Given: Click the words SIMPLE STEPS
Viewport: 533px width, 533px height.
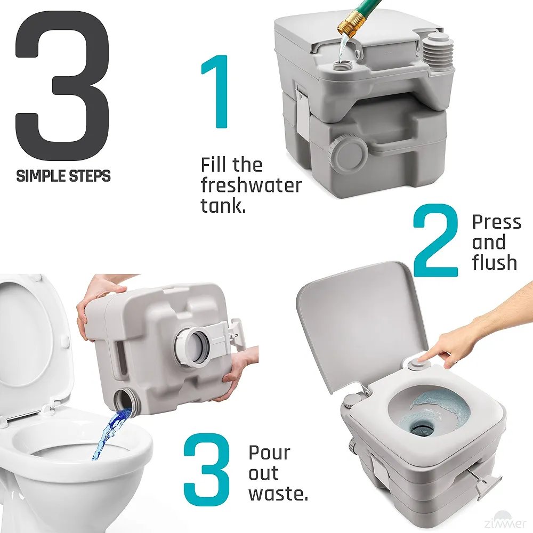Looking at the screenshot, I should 63,175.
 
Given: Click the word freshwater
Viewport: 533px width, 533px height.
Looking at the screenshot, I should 251,185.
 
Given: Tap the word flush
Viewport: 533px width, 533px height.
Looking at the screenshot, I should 495,262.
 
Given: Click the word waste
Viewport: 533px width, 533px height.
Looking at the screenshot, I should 277,494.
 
